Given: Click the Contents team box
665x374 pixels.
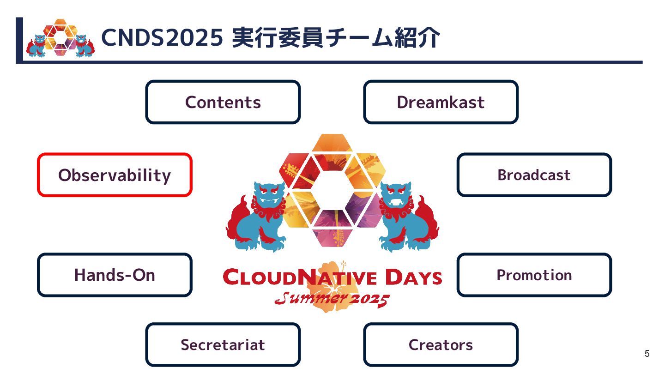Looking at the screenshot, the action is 223,102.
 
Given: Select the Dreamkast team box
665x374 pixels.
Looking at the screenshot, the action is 441,102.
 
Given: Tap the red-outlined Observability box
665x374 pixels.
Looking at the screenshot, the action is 115,175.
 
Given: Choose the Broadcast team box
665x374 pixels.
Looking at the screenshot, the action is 534,175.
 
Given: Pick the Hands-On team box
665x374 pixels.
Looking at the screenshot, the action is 115,275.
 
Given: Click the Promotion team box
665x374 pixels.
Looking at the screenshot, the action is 534,275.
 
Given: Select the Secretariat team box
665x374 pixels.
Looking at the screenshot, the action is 223,344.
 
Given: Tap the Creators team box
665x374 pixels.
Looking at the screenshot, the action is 441,344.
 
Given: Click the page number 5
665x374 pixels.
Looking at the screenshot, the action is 647,354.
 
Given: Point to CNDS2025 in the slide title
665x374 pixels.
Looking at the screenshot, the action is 162,38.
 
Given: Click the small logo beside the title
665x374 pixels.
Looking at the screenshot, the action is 60,38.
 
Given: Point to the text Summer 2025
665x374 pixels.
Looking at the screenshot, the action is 332,299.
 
